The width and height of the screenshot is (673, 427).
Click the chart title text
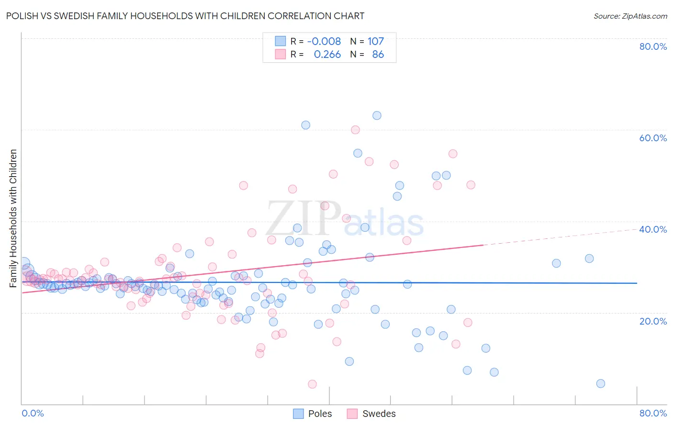pyautogui.click(x=185, y=16)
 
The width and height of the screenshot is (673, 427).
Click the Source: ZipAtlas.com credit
pyautogui.click(x=630, y=16)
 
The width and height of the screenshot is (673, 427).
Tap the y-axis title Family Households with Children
pyautogui.click(x=13, y=218)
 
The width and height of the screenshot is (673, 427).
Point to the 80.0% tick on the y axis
pyautogui.click(x=653, y=46)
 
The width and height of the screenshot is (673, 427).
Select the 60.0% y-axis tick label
pyautogui.click(x=653, y=138)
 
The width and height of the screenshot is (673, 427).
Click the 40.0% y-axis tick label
pyautogui.click(x=653, y=229)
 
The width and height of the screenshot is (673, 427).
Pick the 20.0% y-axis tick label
pyautogui.click(x=653, y=321)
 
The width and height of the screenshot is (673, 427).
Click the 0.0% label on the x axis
pyautogui.click(x=33, y=413)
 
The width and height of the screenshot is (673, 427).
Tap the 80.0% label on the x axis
pyautogui.click(x=653, y=413)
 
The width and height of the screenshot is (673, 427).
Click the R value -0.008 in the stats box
pyautogui.click(x=324, y=41)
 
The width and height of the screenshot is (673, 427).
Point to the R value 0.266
pyautogui.click(x=327, y=54)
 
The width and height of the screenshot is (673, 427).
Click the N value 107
pyautogui.click(x=376, y=41)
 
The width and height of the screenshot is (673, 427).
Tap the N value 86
pyautogui.click(x=378, y=54)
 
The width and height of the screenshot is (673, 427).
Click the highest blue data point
pyautogui.click(x=377, y=115)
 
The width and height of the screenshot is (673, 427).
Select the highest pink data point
pyautogui.click(x=355, y=130)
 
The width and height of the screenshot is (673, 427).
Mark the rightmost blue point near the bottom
pyautogui.click(x=601, y=383)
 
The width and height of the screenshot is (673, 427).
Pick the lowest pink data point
pyautogui.click(x=312, y=384)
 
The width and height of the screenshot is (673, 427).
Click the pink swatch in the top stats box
pyautogui.click(x=280, y=54)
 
